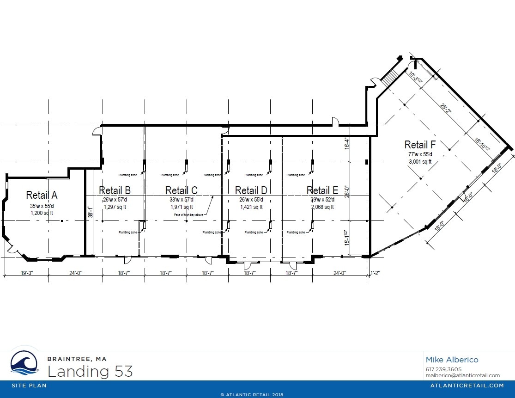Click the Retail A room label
point(42,194)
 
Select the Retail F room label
point(420,144)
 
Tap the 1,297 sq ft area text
point(115,207)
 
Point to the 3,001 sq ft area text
point(420,162)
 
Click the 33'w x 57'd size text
point(182,200)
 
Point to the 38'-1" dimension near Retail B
point(91,212)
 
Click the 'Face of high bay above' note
point(189,214)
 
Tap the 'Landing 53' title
point(90,371)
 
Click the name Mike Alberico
point(452,360)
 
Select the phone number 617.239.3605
point(443,369)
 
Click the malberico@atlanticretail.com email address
point(462,375)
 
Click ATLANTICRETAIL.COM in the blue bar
point(467,386)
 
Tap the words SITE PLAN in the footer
point(29,386)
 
